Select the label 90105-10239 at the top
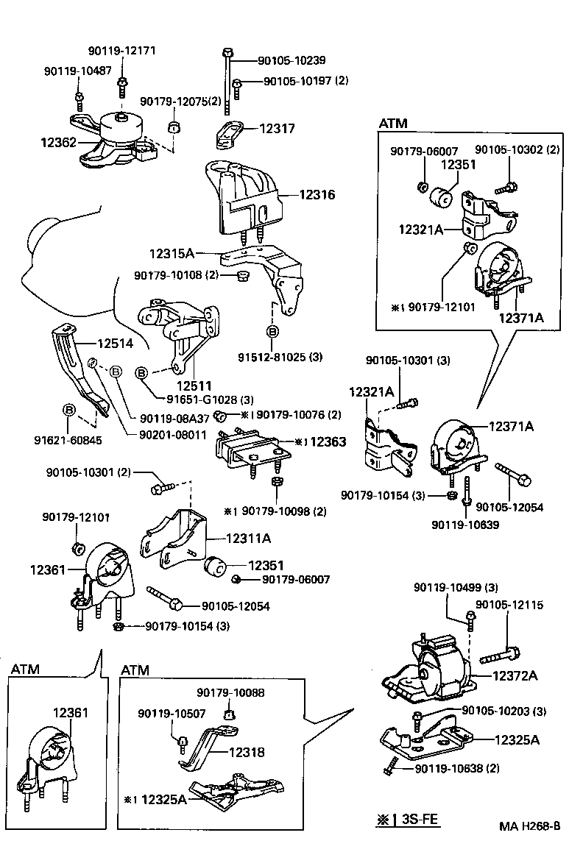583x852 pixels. (291, 60)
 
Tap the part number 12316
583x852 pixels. (317, 195)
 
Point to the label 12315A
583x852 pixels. (171, 253)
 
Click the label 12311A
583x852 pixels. (248, 539)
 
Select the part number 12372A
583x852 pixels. (515, 675)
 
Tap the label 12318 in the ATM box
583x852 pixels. (246, 752)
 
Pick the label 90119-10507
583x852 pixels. (172, 714)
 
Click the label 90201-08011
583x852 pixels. (172, 435)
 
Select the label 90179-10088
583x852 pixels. (230, 693)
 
